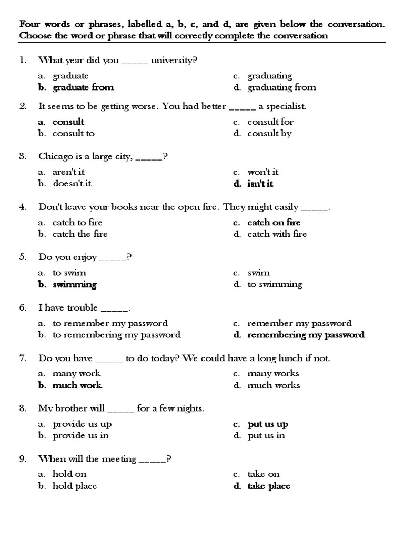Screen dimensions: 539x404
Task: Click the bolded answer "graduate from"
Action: [83, 87]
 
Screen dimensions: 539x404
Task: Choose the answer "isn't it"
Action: [260, 184]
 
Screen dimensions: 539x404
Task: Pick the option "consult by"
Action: [269, 133]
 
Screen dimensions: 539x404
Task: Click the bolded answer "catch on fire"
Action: [274, 222]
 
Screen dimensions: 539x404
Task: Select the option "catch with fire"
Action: [277, 234]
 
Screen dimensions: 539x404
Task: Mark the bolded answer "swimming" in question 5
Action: [75, 284]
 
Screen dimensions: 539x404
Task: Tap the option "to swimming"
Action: [275, 284]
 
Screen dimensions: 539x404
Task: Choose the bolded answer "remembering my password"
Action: [306, 335]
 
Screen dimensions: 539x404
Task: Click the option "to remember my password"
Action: [110, 323]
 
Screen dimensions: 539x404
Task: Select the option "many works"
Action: [273, 374]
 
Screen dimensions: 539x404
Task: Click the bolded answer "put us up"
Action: [268, 424]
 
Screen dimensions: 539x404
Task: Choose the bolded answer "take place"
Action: [269, 486]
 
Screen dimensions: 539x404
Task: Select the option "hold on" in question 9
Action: [69, 474]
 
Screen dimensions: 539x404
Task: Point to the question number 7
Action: [23, 358]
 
